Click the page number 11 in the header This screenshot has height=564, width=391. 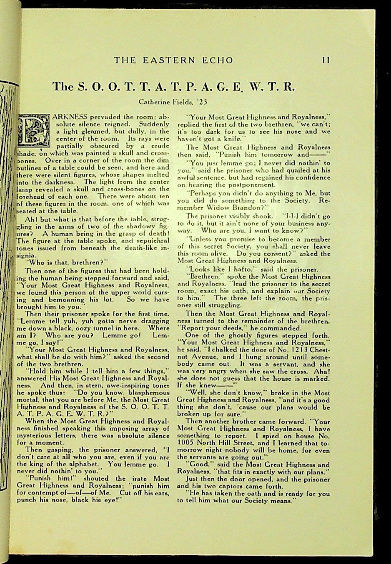click(326, 60)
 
